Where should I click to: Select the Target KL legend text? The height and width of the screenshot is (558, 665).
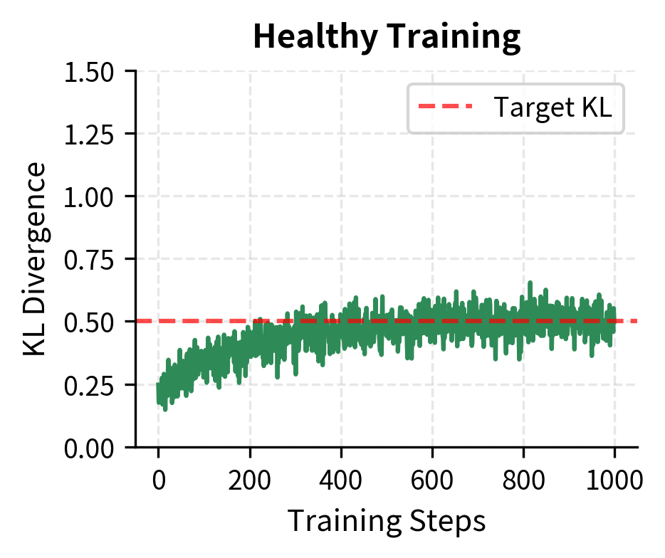pyautogui.click(x=553, y=107)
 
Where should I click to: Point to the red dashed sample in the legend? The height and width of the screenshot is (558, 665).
pyautogui.click(x=445, y=107)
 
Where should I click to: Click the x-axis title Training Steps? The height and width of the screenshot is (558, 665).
pyautogui.click(x=387, y=521)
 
